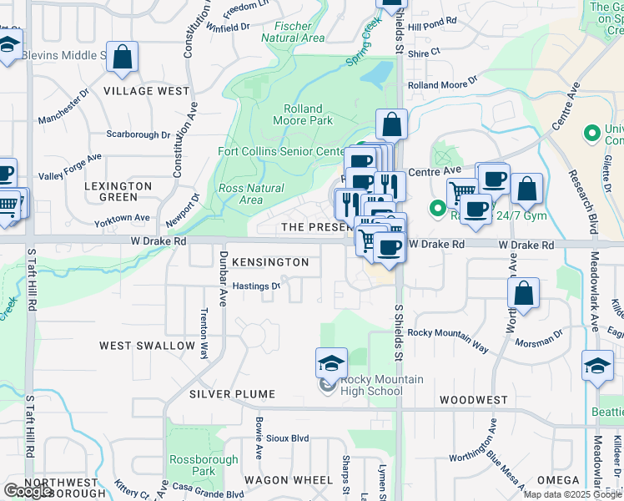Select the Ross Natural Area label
click(251, 194)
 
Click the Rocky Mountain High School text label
click(381, 385)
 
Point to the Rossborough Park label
click(193, 465)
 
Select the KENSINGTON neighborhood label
click(269, 262)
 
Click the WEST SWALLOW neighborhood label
click(147, 345)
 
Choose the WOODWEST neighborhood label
click(473, 400)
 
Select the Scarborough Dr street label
click(138, 134)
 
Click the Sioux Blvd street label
click(288, 438)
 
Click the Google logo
click(28, 491)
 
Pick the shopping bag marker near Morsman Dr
click(523, 295)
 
